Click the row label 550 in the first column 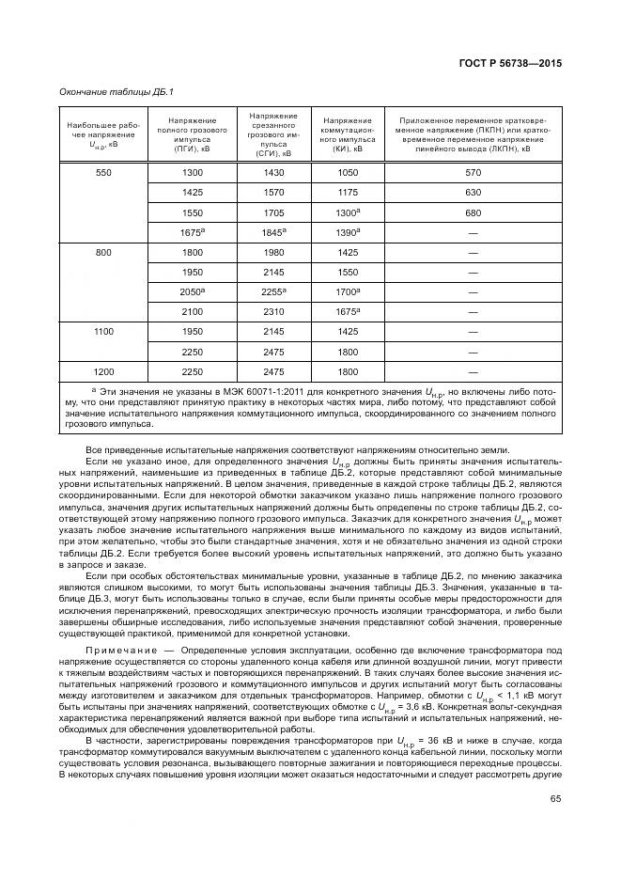click(x=103, y=173)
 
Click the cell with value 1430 click(x=273, y=173)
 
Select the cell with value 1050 click(x=348, y=173)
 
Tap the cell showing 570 click(x=473, y=173)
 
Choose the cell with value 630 click(x=473, y=193)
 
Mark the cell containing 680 click(x=473, y=212)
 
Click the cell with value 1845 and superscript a click(x=273, y=231)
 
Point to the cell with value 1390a click(x=348, y=231)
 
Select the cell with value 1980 click(x=273, y=252)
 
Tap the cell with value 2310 click(x=273, y=311)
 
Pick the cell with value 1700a click(x=348, y=291)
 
